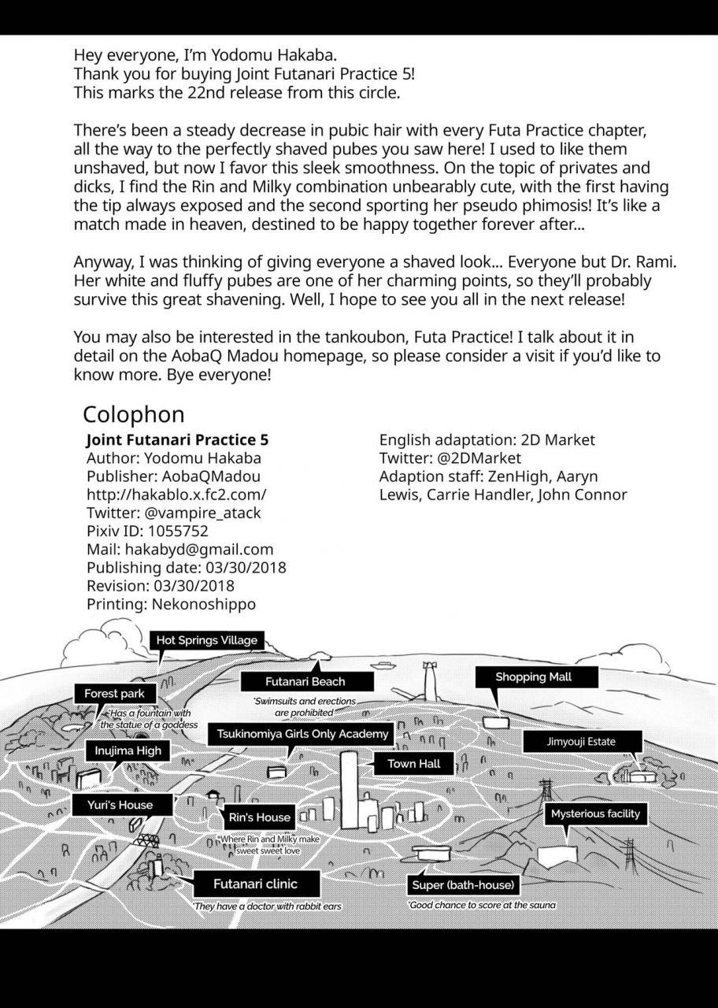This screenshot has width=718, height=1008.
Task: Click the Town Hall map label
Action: point(413,764)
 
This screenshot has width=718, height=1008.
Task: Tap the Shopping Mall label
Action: point(533,677)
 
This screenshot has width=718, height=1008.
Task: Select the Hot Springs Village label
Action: point(206,640)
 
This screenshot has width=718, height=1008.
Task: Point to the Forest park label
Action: point(114,694)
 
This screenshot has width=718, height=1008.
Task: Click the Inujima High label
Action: point(128,751)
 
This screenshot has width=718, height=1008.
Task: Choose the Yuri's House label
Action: point(120,805)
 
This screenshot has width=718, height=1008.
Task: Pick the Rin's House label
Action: point(260,817)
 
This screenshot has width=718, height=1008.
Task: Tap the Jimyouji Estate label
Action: point(581,742)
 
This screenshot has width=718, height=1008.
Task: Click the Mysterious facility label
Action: point(595,813)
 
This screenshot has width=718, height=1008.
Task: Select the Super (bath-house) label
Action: point(463,885)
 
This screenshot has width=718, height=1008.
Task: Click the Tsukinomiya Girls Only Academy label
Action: point(303,734)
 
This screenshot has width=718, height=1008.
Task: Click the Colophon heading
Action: point(133,414)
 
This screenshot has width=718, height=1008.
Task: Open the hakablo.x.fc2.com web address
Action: point(176,495)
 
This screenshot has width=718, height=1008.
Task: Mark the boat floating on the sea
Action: point(383,665)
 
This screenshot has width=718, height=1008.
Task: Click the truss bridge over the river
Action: point(146,840)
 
